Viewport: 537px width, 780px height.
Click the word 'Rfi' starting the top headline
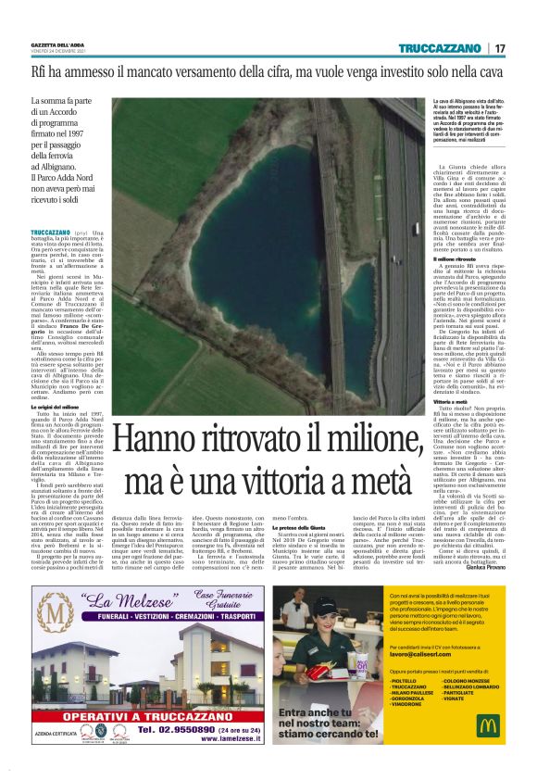tap(41, 70)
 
